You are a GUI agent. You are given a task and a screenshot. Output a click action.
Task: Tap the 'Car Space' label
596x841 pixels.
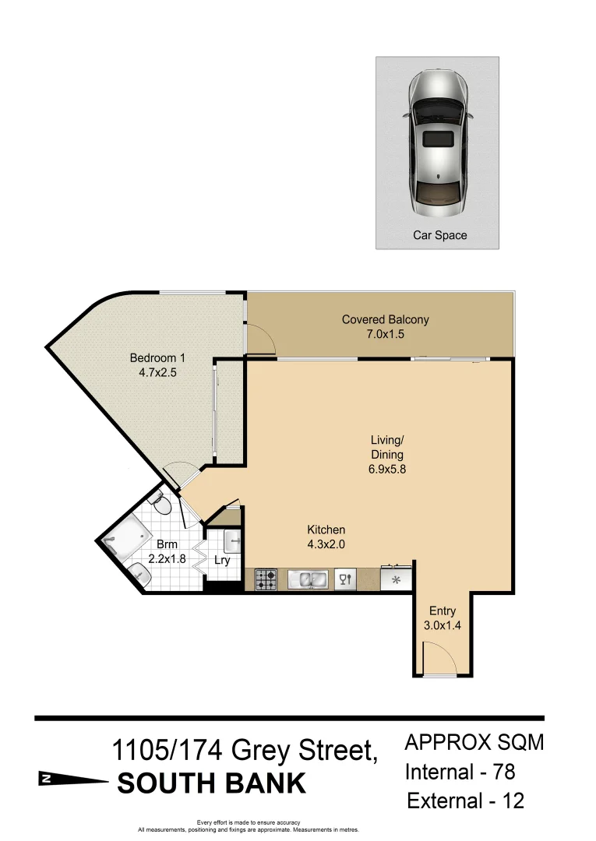coord(439,234)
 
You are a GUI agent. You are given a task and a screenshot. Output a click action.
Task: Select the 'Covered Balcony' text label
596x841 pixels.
coord(385,319)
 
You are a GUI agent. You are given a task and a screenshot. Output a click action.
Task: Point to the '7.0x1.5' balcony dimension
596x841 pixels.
coord(385,334)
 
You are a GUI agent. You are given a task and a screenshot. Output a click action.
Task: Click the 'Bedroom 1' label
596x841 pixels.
coord(157,358)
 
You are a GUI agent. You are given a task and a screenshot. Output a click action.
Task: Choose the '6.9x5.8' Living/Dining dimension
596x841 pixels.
coord(387,470)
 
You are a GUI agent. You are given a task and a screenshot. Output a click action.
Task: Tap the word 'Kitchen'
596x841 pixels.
coord(326,530)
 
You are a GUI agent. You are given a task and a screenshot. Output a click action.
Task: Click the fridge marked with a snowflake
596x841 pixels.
coord(397,579)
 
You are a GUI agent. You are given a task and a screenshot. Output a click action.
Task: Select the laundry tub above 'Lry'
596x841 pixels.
coord(231,540)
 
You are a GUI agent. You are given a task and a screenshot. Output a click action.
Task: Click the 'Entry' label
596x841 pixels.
coord(442,611)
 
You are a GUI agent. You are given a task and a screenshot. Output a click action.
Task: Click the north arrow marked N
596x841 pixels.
coord(72,778)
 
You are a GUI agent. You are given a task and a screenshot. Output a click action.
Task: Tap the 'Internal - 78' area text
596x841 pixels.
coord(460,772)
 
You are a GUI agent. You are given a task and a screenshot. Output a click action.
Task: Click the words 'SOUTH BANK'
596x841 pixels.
coord(211,783)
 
